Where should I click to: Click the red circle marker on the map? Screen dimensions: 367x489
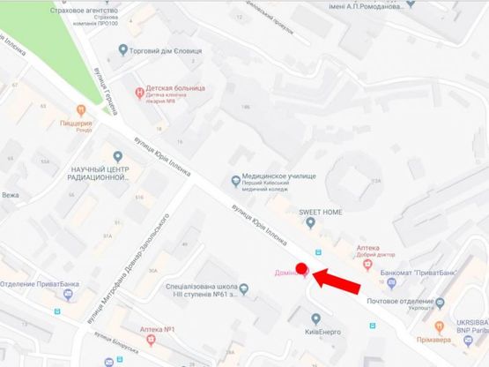click(300, 268)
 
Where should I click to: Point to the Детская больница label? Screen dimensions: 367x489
click(174, 90)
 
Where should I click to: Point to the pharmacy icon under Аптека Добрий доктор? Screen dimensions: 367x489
click(368, 261)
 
